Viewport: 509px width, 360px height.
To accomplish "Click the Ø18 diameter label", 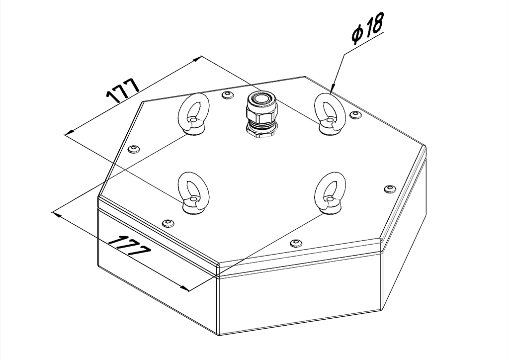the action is (368, 28).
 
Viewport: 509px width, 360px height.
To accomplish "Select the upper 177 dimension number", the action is (123, 90).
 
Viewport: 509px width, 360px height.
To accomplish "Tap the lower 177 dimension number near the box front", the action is (130, 246).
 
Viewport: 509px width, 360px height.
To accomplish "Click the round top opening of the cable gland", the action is (261, 98).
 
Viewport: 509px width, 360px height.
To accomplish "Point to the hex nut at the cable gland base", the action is (261, 131).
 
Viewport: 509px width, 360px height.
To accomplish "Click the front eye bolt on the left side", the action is (194, 192).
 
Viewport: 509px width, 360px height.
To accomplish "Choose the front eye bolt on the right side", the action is (330, 192).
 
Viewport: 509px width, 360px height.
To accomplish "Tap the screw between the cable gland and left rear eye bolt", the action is (228, 95).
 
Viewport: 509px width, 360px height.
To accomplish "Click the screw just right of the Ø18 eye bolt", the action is (356, 114).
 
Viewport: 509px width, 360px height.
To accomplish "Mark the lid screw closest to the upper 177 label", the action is (134, 149).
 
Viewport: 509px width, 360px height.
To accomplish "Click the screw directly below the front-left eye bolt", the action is (168, 223).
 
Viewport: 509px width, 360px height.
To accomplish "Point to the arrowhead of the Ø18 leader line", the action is (333, 89).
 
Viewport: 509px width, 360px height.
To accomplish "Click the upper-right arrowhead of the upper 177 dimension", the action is (197, 59).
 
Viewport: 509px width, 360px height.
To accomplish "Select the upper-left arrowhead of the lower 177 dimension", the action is (57, 214).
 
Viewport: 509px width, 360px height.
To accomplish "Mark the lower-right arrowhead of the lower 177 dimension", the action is (184, 288).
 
